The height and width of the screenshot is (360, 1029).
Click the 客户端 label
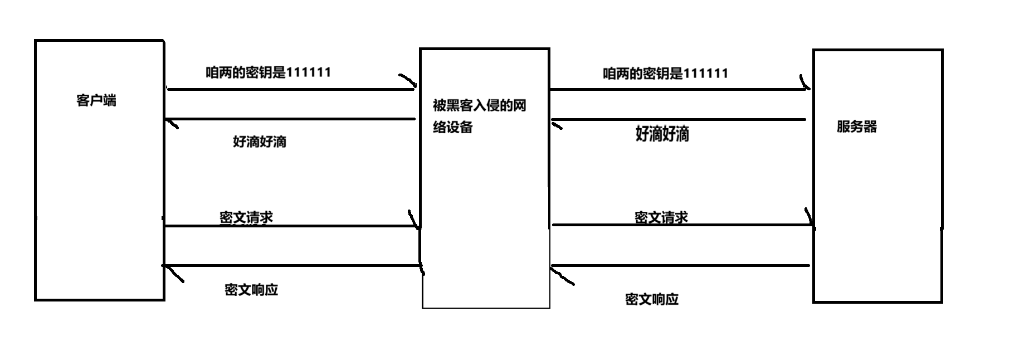pyautogui.click(x=96, y=101)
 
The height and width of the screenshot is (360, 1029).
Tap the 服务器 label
pyautogui.click(x=856, y=127)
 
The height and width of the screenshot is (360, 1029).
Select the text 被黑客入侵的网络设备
pyautogui.click(x=479, y=116)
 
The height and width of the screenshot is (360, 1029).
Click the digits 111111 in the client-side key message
pyautogui.click(x=308, y=72)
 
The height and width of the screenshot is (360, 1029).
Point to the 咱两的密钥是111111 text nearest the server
pyautogui.click(x=665, y=74)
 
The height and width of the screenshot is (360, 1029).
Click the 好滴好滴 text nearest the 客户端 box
pyautogui.click(x=260, y=142)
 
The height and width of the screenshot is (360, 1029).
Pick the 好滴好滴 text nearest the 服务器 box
pyautogui.click(x=662, y=134)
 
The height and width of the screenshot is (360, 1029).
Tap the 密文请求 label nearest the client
pyautogui.click(x=246, y=217)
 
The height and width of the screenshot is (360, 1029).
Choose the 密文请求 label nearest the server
pyautogui.click(x=661, y=217)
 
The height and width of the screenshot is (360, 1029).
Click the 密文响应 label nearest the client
pyautogui.click(x=251, y=290)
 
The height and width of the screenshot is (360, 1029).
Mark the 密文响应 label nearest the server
pyautogui.click(x=652, y=299)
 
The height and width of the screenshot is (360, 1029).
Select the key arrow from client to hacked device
pyautogui.click(x=290, y=89)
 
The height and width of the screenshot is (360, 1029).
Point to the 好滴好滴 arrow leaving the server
pyautogui.click(x=680, y=119)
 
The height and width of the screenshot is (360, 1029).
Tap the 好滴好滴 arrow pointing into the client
pyautogui.click(x=290, y=119)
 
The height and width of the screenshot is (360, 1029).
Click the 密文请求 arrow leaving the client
pyautogui.click(x=290, y=226)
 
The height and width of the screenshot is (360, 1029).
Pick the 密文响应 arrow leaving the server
pyautogui.click(x=680, y=266)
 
